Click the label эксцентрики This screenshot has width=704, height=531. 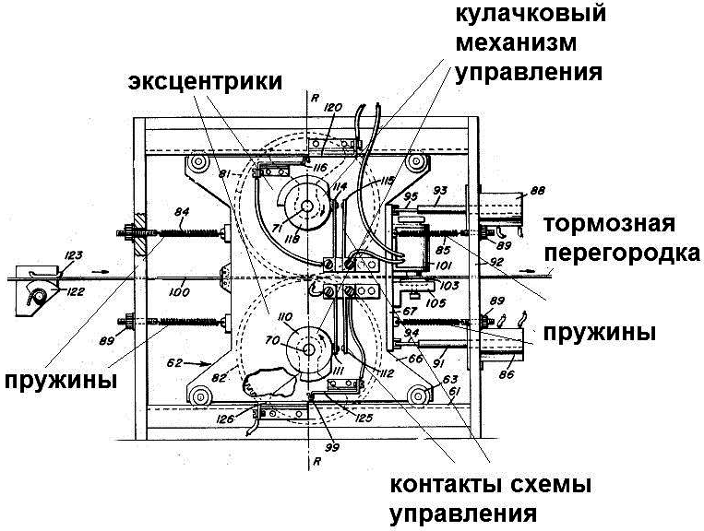(x=205, y=81)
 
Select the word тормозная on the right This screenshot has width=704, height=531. (x=610, y=225)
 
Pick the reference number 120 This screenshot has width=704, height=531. (x=332, y=108)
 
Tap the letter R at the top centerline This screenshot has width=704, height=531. (x=316, y=95)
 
